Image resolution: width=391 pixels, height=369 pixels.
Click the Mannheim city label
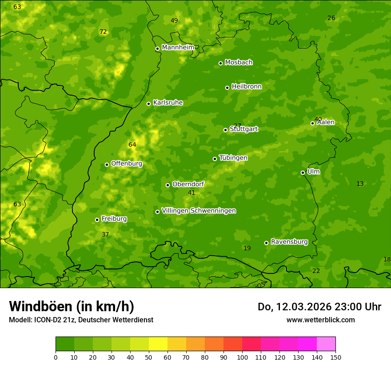(x=178, y=48)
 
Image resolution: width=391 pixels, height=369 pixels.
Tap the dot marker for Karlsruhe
(x=148, y=104)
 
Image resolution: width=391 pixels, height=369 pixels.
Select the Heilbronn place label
(x=246, y=87)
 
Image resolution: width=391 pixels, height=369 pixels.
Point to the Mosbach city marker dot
(x=220, y=63)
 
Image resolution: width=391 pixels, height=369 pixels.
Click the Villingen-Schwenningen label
(x=199, y=211)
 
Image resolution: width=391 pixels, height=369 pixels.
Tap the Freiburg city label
(x=114, y=219)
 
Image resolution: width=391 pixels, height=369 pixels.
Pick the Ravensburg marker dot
(x=266, y=243)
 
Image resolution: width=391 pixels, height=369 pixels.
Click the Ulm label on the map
(x=313, y=172)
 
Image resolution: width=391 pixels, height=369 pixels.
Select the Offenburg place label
(x=126, y=164)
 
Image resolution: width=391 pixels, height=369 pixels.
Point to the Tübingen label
(x=233, y=158)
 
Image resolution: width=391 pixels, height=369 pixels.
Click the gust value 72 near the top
(x=103, y=32)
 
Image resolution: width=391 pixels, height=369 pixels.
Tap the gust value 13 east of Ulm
(x=360, y=184)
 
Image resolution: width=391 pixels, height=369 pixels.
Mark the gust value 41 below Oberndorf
(x=192, y=193)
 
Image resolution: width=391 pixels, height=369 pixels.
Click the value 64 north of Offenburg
(x=132, y=145)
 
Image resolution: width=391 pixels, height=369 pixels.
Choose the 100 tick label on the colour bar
(x=242, y=357)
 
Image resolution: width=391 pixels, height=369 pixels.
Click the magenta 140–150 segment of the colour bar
(x=326, y=344)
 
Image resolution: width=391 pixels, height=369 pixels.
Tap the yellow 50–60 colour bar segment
(x=158, y=344)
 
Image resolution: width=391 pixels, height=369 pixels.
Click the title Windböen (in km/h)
(x=72, y=306)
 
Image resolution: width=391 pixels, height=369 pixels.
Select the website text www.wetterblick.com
(x=320, y=320)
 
